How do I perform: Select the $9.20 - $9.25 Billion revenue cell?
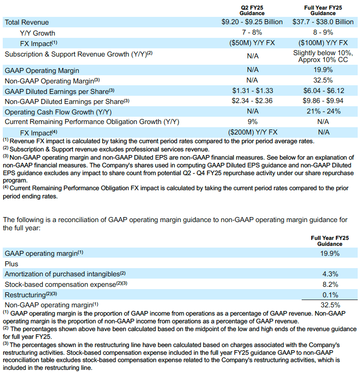pyautogui.click(x=252, y=22)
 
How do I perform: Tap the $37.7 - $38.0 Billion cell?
pyautogui.click(x=323, y=22)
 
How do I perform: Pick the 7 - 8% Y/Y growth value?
pyautogui.click(x=252, y=32)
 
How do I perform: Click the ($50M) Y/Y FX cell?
pyautogui.click(x=252, y=43)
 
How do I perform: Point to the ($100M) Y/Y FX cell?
pyautogui.click(x=323, y=43)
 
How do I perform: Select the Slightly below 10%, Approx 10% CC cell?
pyautogui.click(x=323, y=57)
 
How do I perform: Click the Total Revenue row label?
pyautogui.click(x=26, y=22)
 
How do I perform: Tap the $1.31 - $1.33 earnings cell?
pyautogui.click(x=252, y=91)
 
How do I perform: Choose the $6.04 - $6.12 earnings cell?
pyautogui.click(x=323, y=91)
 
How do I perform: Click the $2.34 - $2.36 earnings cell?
pyautogui.click(x=252, y=101)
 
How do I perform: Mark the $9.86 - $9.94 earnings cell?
pyautogui.click(x=323, y=101)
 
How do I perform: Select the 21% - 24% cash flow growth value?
pyautogui.click(x=323, y=111)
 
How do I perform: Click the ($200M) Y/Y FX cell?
pyautogui.click(x=252, y=132)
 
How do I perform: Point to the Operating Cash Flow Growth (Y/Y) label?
pyautogui.click(x=58, y=111)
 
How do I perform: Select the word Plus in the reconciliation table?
pyautogui.click(x=12, y=264)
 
